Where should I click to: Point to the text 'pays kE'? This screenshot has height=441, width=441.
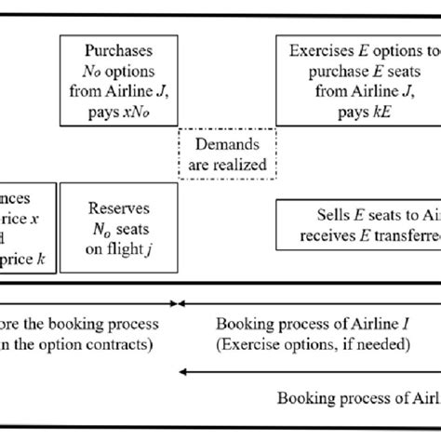pyautogui.click(x=358, y=109)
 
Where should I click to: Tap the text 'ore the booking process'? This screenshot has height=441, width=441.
pyautogui.click(x=79, y=325)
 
